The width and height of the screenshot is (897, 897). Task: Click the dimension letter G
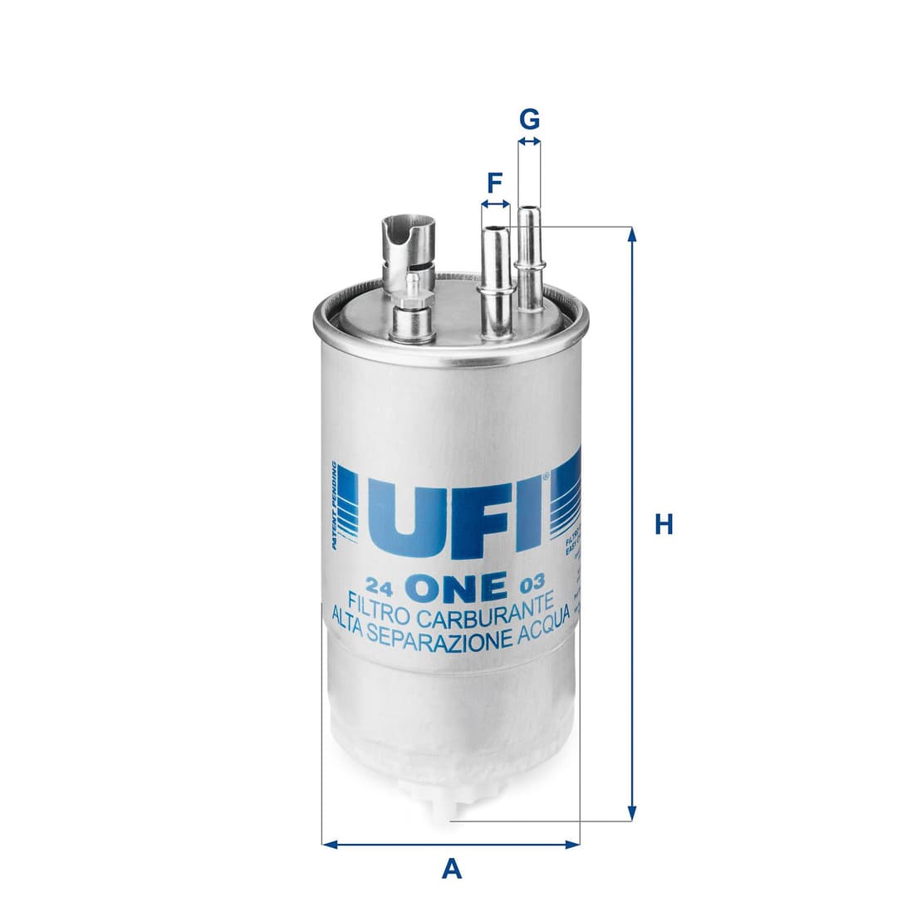(x=529, y=120)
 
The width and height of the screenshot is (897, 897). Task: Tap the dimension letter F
(x=494, y=181)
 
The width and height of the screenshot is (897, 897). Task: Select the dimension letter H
(x=663, y=525)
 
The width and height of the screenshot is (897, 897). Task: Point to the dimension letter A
(x=451, y=869)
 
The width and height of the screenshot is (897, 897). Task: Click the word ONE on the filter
(x=457, y=586)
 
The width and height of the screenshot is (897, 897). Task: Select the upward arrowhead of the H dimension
(x=632, y=234)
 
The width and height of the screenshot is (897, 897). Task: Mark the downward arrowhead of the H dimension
(x=632, y=814)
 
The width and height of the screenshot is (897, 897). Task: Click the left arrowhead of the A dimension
(x=329, y=845)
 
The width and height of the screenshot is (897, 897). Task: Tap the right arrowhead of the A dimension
(x=572, y=845)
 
